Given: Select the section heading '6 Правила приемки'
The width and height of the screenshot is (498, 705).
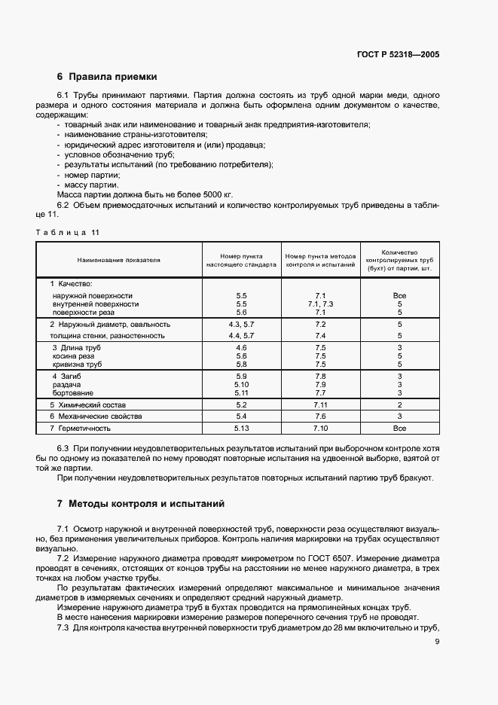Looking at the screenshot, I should click(107, 76).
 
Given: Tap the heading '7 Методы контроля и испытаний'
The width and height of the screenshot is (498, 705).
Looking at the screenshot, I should click(140, 503).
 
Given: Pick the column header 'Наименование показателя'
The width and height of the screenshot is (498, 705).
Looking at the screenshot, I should click(119, 260).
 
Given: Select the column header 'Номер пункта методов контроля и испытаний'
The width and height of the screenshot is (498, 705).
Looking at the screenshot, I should click(320, 261).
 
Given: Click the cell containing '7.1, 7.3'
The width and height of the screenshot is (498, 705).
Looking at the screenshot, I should click(320, 304).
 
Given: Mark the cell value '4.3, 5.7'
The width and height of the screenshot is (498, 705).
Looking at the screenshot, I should click(241, 324).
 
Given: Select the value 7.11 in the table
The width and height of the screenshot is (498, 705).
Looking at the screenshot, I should click(320, 404).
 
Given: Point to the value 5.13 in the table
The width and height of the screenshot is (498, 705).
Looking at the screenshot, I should click(241, 428).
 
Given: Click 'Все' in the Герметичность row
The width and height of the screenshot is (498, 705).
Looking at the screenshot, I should click(400, 428).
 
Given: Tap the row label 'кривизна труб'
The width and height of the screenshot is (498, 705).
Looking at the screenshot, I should click(78, 364).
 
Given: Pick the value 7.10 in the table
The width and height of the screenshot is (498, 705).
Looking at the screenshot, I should click(320, 428).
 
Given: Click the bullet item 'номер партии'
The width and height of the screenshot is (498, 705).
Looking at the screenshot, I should click(91, 174).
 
